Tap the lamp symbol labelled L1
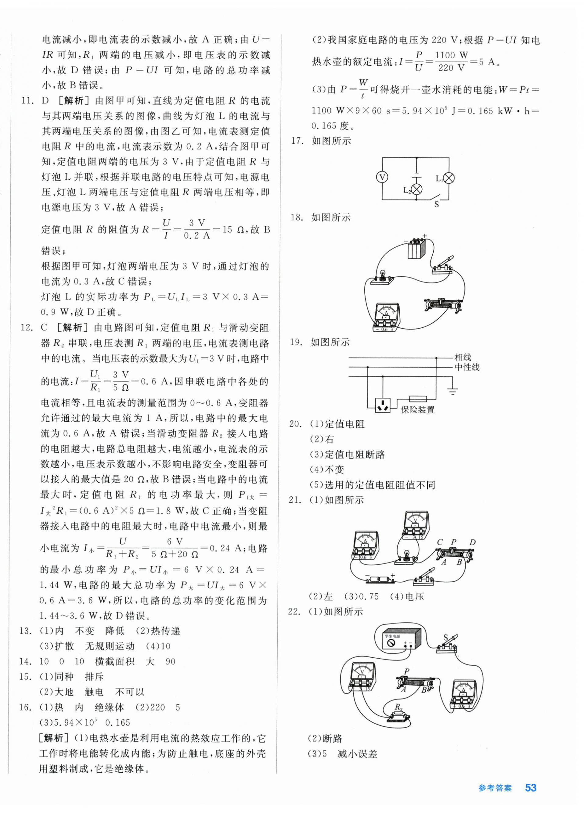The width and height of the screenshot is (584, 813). click(x=449, y=178)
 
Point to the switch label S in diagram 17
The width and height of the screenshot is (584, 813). click(x=436, y=204)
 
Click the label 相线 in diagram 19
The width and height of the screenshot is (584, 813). click(x=463, y=357)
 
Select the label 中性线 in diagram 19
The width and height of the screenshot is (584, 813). click(x=467, y=367)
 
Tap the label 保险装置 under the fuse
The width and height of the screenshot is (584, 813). click(x=418, y=409)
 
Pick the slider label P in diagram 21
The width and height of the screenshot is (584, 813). click(x=453, y=542)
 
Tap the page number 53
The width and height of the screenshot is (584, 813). click(x=531, y=788)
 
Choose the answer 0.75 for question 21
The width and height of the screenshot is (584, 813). click(x=369, y=596)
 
